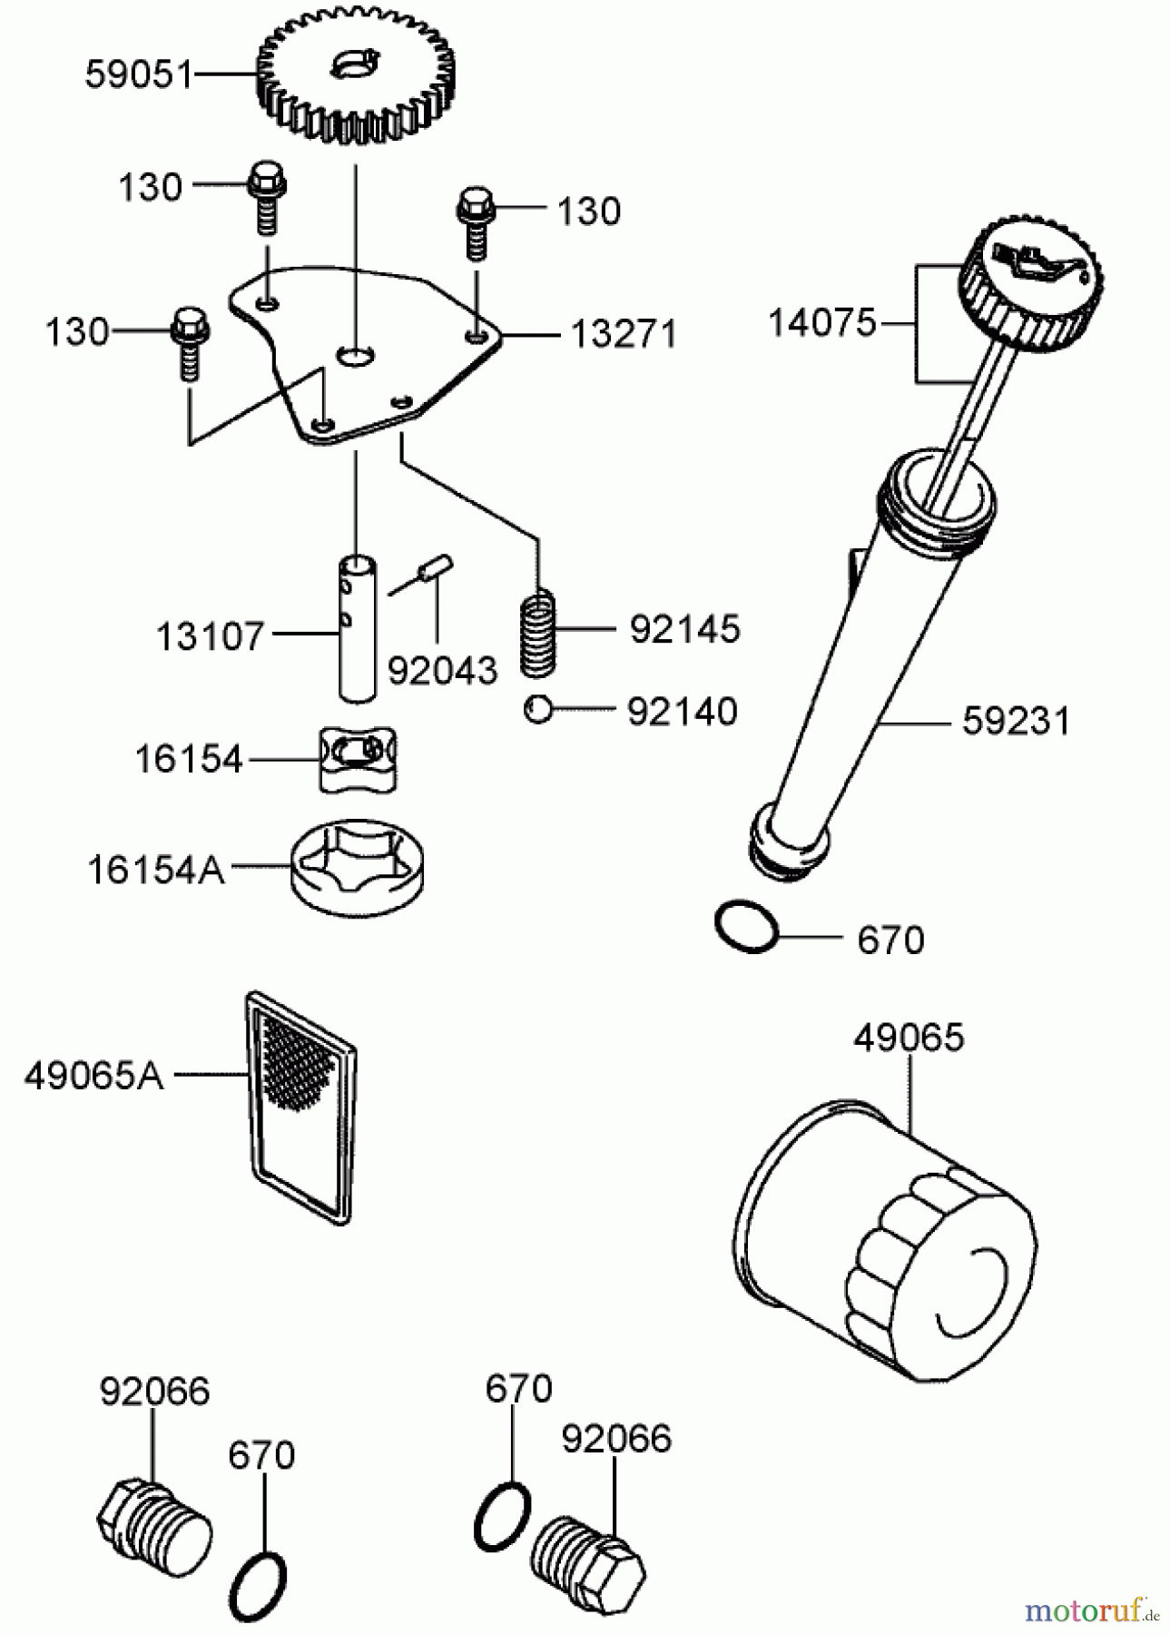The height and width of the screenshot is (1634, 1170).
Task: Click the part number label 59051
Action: (x=139, y=74)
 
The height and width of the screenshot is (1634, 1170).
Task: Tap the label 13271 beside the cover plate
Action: (x=624, y=334)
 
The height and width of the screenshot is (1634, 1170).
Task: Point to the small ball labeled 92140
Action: (x=538, y=709)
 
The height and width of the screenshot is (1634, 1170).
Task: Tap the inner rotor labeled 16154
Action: (x=359, y=759)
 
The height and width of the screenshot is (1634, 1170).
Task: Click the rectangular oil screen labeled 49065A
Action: (x=300, y=1106)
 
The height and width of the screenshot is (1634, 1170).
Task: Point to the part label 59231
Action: (x=1016, y=722)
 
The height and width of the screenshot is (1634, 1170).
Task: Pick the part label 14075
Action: (x=821, y=322)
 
